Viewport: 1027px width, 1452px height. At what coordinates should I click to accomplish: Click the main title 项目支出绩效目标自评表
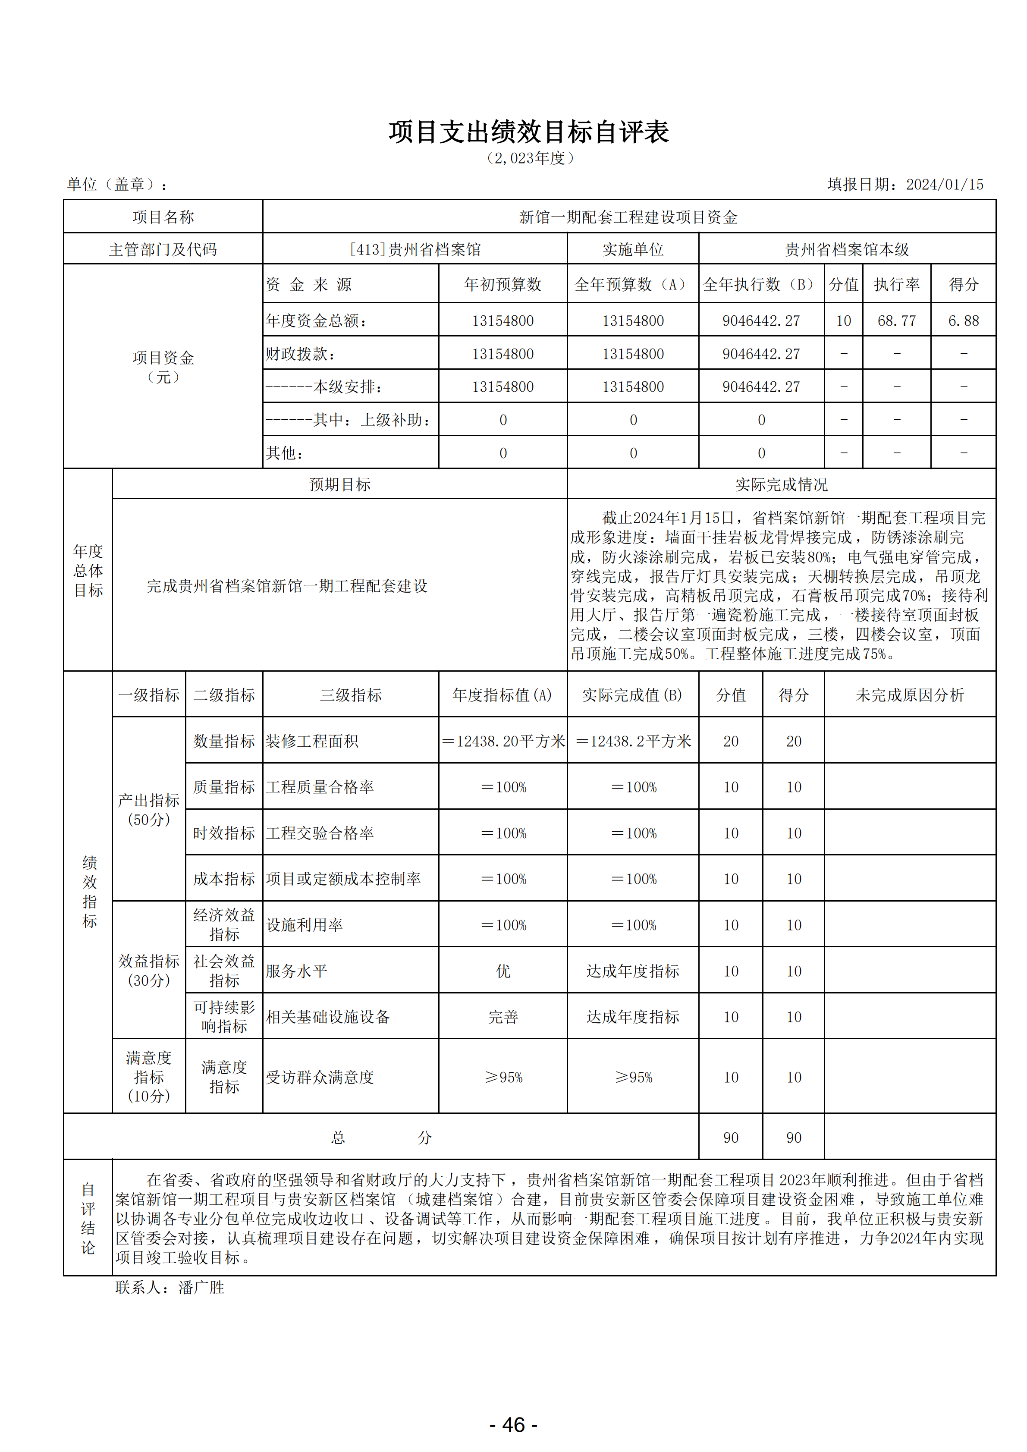[529, 132]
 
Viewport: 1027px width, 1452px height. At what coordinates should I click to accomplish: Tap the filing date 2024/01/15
[944, 185]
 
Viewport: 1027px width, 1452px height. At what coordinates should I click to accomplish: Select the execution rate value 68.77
[896, 321]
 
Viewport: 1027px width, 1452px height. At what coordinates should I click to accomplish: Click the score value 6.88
[963, 321]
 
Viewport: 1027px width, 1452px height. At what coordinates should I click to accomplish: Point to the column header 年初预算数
[503, 285]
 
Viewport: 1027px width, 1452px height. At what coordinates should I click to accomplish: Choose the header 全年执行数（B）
[761, 285]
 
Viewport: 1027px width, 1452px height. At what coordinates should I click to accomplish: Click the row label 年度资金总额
[316, 321]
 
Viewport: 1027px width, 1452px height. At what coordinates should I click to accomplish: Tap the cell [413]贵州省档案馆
[415, 250]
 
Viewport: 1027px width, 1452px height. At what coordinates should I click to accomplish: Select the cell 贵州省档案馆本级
[847, 250]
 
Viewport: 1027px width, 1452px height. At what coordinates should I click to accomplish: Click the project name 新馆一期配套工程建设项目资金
[628, 217]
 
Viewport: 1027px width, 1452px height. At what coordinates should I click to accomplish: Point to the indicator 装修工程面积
[312, 741]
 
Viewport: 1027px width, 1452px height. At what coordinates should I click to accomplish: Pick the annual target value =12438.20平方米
[503, 741]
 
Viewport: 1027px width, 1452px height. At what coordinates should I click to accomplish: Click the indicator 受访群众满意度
[320, 1077]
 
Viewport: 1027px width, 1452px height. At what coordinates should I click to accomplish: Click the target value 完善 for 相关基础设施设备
[503, 1017]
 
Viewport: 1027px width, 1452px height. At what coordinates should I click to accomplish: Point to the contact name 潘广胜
[201, 1288]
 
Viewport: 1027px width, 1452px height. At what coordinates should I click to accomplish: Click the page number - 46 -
[513, 1425]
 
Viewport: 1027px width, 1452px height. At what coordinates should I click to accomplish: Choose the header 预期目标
[339, 484]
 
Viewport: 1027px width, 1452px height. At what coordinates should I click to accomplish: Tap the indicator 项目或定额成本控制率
[343, 879]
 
